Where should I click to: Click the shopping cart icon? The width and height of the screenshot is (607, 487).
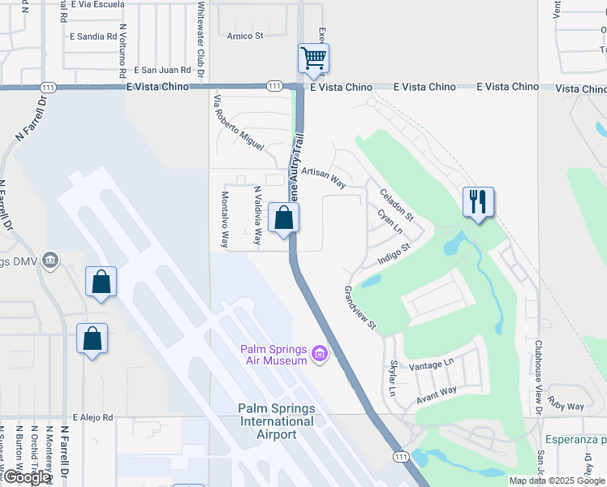point(313,58)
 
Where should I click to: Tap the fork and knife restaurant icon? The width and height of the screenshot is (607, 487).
point(478,201)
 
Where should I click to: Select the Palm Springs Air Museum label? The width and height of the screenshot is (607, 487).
point(273,355)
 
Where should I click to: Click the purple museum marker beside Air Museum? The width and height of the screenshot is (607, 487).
point(320,354)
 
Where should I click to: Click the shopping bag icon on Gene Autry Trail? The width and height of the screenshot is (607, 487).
point(283,218)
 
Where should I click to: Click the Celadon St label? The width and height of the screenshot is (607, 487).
point(397,205)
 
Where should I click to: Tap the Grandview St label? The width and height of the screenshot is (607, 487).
point(360,308)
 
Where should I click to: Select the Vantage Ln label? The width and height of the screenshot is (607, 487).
point(432,367)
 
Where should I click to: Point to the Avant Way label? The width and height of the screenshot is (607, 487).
point(437,394)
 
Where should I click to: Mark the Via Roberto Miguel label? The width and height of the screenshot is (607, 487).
point(238,123)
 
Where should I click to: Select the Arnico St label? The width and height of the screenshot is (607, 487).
point(245,36)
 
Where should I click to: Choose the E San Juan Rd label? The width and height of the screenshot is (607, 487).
point(162,71)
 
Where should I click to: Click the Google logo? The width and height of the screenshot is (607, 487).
point(26,477)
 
